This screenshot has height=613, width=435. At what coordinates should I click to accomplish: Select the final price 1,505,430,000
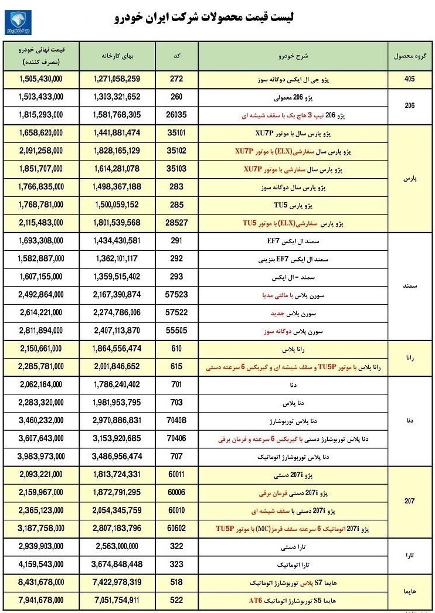click(41, 79)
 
